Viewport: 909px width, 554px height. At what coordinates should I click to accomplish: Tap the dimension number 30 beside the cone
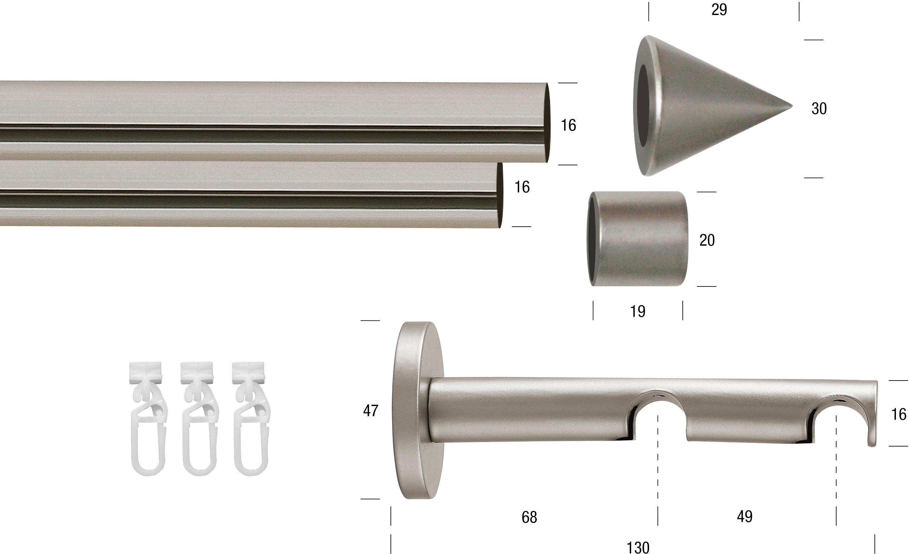tap(819, 108)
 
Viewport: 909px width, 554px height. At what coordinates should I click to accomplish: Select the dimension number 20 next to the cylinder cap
tap(707, 240)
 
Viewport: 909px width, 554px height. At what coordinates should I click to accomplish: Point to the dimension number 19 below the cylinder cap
tap(637, 312)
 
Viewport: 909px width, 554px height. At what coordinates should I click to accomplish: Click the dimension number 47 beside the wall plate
tap(371, 410)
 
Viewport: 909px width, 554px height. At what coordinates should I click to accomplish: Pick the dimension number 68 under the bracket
tap(529, 517)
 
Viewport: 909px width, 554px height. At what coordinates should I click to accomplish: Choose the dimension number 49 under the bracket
tap(744, 516)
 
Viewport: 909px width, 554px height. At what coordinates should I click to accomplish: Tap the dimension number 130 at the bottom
tap(638, 548)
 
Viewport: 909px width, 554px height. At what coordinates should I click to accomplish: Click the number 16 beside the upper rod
tap(568, 125)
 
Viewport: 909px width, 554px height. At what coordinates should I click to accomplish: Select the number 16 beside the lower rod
tap(522, 187)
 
